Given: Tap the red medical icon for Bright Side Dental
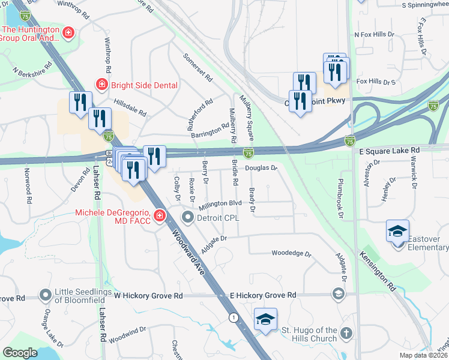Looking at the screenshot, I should (101, 85).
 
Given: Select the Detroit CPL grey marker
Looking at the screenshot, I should (188, 217).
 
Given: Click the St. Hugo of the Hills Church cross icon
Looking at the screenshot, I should (346, 333).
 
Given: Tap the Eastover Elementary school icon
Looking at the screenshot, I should (397, 232).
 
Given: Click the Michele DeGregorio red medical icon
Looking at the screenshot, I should (159, 215).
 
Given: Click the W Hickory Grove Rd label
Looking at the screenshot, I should (148, 296).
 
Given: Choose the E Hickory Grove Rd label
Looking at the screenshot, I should (263, 295).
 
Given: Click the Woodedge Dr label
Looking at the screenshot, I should (292, 254).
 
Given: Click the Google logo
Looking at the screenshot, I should (20, 352).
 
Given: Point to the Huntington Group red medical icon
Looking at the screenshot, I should (70, 32).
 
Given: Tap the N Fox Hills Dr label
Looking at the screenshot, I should (375, 35).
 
